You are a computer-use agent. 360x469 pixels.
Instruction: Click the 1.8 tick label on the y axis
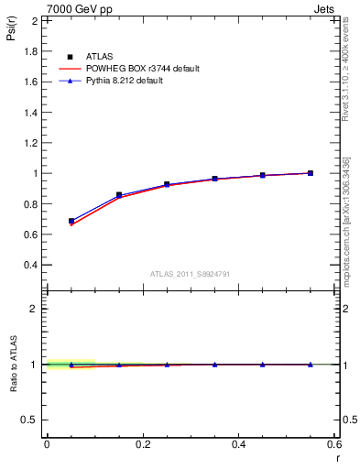click(31, 51)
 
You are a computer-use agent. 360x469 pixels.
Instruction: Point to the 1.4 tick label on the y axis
click(31, 112)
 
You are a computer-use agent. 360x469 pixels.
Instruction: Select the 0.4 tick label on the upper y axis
click(31, 265)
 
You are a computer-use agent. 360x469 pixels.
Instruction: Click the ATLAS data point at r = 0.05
click(71, 221)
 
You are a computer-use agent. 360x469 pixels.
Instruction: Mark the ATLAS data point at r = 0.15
click(119, 195)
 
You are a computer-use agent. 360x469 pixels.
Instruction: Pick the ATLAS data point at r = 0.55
click(311, 173)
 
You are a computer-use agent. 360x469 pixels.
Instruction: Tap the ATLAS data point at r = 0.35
click(214, 179)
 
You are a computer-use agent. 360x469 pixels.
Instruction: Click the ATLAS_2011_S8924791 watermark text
click(191, 274)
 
